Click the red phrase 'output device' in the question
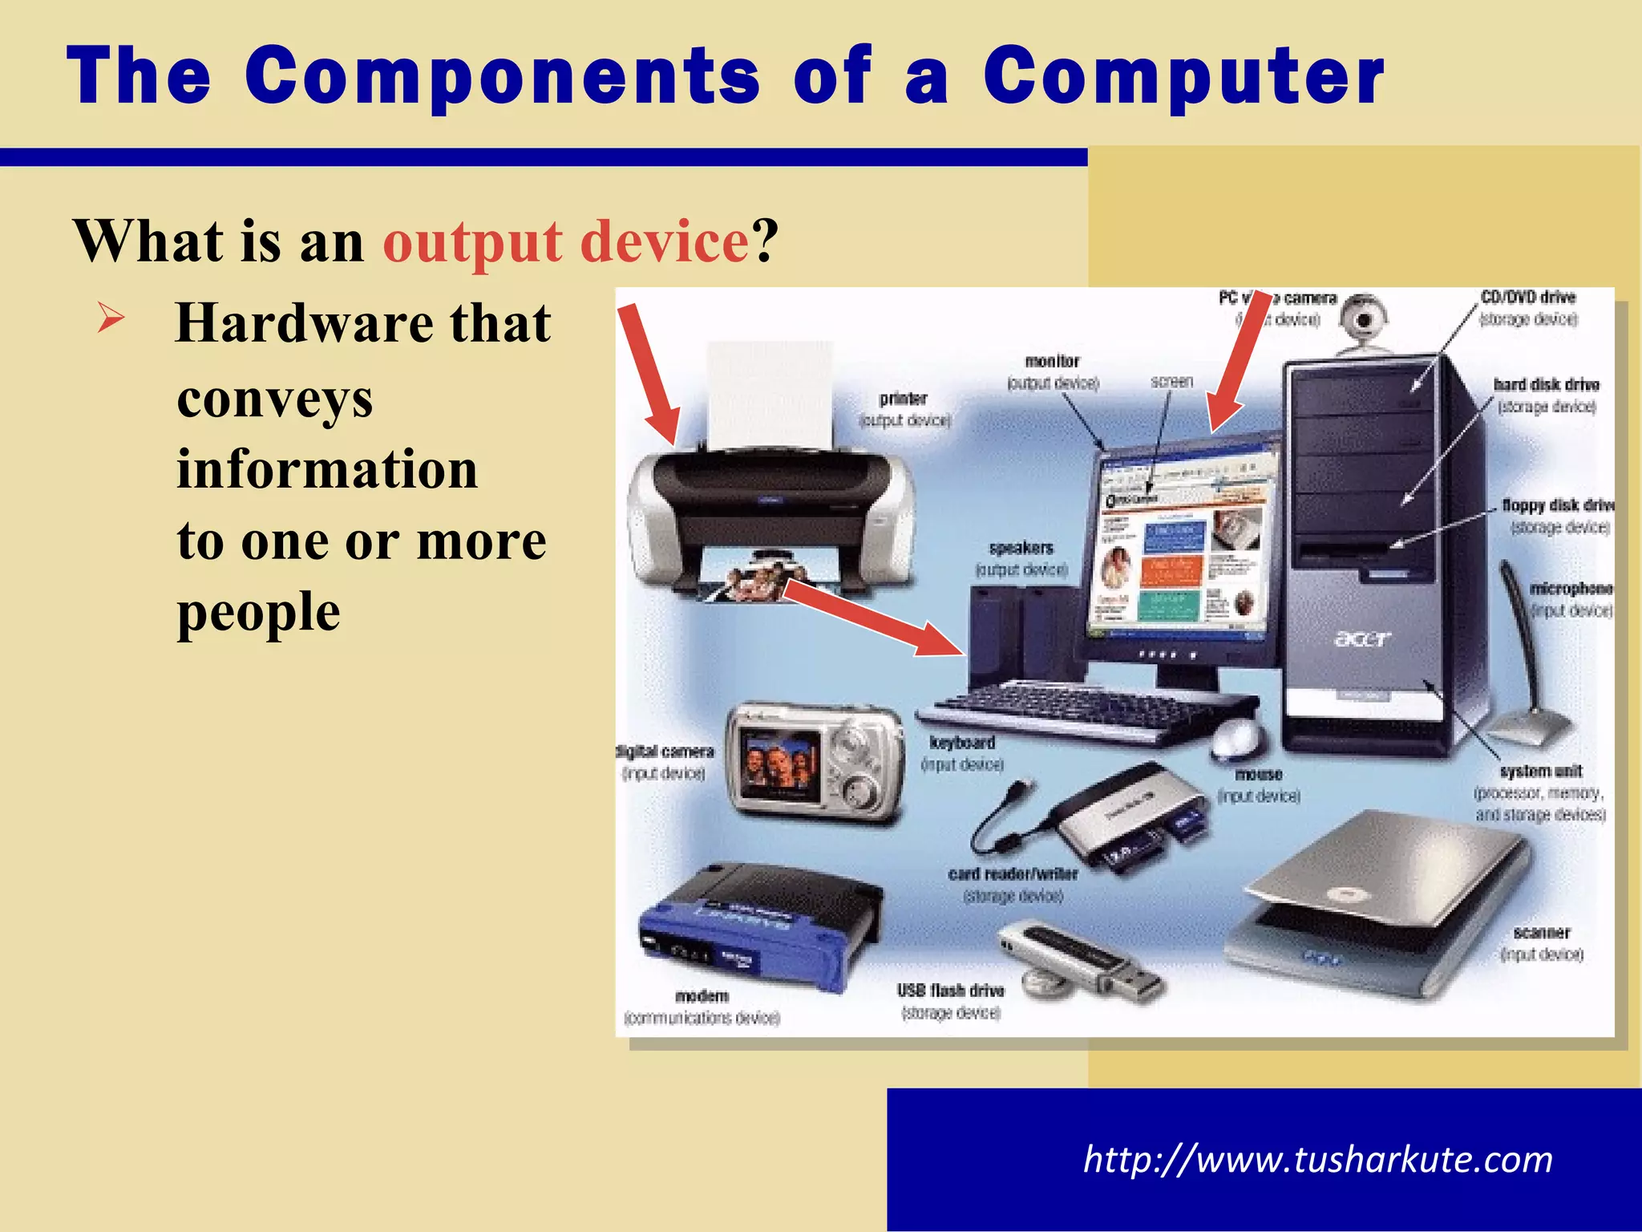(x=566, y=241)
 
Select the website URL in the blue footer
(x=1317, y=1160)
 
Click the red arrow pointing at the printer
(x=649, y=373)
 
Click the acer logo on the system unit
(x=1362, y=639)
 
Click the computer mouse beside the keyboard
(x=1234, y=737)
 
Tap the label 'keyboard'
(x=962, y=743)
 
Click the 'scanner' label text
(x=1541, y=933)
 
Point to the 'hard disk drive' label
(x=1546, y=385)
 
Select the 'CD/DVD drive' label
(x=1527, y=298)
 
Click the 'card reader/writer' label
(x=1013, y=874)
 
